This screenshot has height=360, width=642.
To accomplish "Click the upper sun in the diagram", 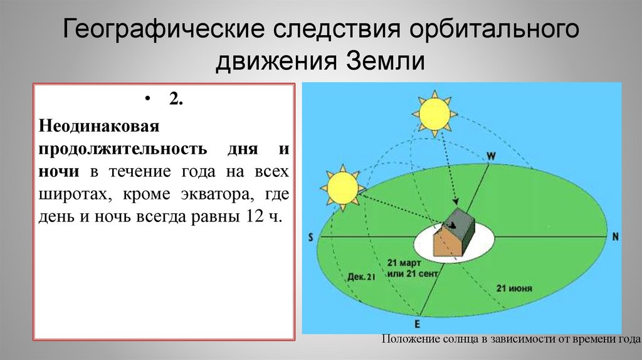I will tap(434, 113).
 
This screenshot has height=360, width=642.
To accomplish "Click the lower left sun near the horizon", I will tap(342, 186).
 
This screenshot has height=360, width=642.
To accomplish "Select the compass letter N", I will tap(615, 236).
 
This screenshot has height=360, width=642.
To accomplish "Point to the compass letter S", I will tap(310, 237).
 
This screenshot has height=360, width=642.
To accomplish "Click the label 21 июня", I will tap(514, 289).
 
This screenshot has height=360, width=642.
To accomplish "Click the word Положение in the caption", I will tap(409, 339).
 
